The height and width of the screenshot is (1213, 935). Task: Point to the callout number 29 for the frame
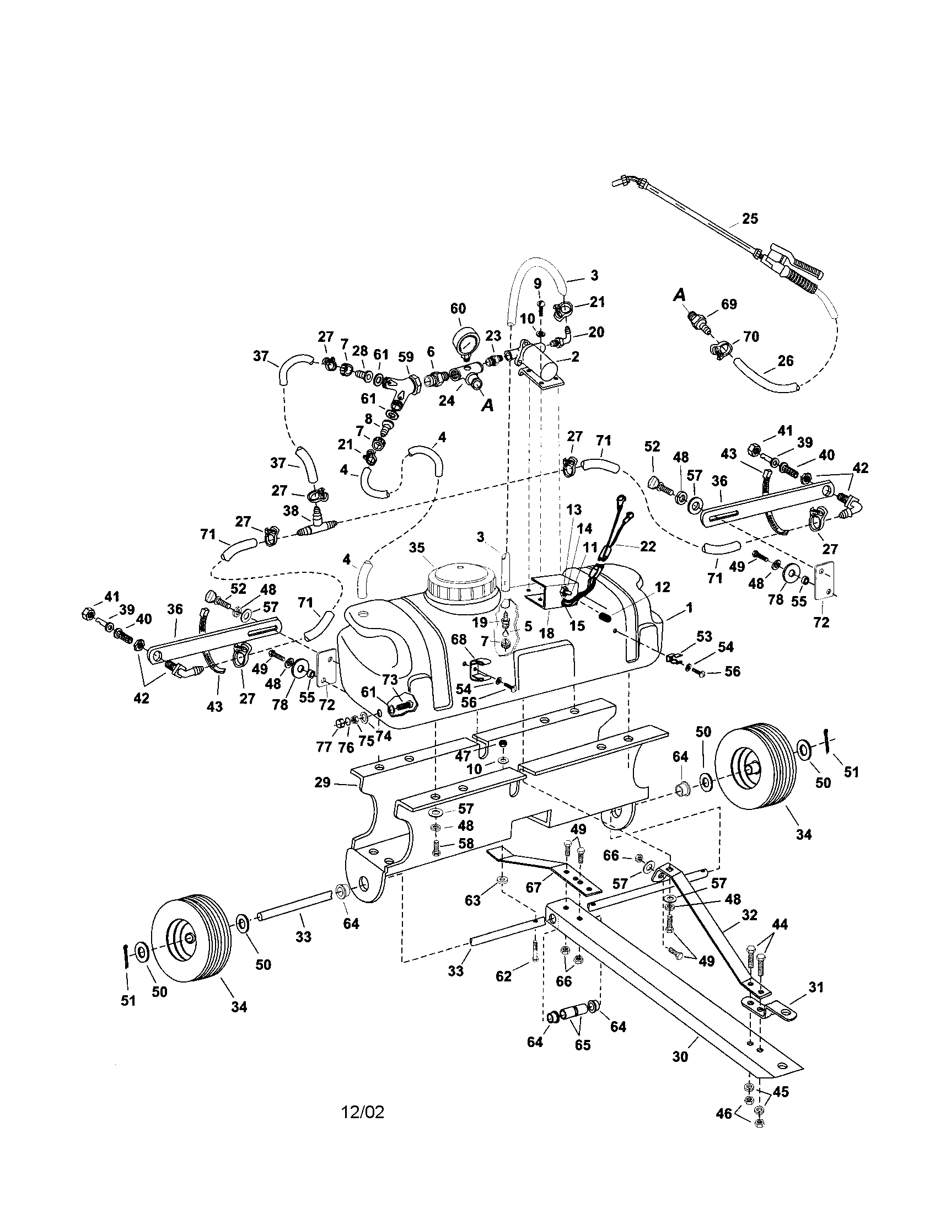[x=322, y=782]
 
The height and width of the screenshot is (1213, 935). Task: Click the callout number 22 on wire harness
[x=647, y=546]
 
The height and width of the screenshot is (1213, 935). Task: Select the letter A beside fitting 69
[x=679, y=296]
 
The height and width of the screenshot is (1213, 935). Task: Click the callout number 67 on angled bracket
[x=533, y=888]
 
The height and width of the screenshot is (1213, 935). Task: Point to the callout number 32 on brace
[x=750, y=915]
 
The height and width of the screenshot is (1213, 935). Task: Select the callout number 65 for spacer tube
[x=582, y=1045]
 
